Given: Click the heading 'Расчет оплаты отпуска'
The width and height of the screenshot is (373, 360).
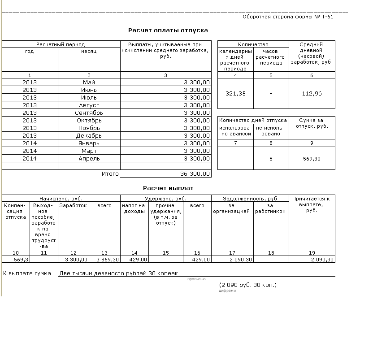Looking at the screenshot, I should pyautogui.click(x=168, y=30).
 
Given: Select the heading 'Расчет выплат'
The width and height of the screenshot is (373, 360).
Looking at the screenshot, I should pyautogui.click(x=168, y=188).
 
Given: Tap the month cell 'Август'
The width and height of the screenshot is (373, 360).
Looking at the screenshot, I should pyautogui.click(x=89, y=105).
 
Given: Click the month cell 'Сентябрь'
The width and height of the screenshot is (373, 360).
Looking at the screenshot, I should pyautogui.click(x=89, y=113).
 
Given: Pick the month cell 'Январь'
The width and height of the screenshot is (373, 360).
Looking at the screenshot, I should pyautogui.click(x=89, y=143).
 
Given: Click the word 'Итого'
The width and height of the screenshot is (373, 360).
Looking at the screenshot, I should pyautogui.click(x=110, y=174).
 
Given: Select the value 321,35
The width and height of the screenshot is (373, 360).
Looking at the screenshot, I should pyautogui.click(x=235, y=94).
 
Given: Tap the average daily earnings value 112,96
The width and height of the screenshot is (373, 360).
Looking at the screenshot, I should pyautogui.click(x=312, y=94).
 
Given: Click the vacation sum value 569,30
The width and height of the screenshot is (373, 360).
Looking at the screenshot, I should pyautogui.click(x=312, y=159).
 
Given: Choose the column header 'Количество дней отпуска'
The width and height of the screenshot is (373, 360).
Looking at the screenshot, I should pyautogui.click(x=253, y=120).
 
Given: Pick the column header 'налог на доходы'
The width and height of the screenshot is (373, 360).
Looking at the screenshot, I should pyautogui.click(x=134, y=208).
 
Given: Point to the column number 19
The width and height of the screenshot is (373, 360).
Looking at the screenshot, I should pyautogui.click(x=312, y=253).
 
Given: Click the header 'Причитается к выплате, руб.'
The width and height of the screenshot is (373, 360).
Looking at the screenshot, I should pyautogui.click(x=312, y=204).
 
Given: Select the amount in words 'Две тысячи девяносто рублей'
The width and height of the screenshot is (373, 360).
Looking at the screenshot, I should pyautogui.click(x=118, y=273).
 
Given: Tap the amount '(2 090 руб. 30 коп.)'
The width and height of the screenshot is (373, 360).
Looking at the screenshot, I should pyautogui.click(x=248, y=285).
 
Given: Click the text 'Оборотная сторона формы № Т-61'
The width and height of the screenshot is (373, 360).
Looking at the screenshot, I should pyautogui.click(x=288, y=17).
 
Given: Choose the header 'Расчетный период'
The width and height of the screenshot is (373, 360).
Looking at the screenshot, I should pyautogui.click(x=61, y=44).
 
